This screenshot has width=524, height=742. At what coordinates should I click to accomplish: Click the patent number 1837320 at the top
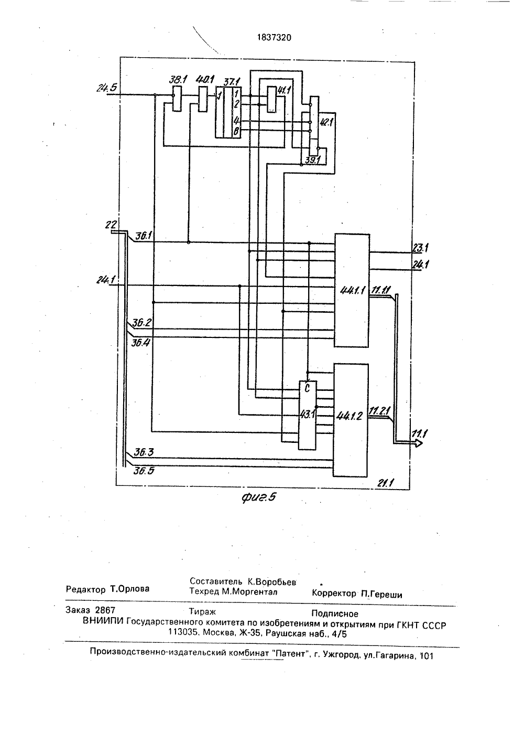click(x=274, y=38)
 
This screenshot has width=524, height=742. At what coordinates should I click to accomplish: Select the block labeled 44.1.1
click(x=352, y=290)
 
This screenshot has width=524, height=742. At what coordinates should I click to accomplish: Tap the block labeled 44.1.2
click(x=351, y=420)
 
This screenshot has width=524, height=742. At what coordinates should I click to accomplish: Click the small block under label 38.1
click(x=177, y=98)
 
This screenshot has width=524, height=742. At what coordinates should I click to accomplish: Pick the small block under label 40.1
click(x=202, y=99)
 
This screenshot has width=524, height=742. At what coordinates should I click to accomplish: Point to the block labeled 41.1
click(x=271, y=99)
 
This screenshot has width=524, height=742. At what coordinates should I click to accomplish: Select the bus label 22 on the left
click(x=111, y=225)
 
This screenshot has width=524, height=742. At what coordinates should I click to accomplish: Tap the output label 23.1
click(x=420, y=248)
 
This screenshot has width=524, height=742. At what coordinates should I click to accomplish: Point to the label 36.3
click(x=144, y=452)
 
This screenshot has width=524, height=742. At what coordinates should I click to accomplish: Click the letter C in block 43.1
click(x=307, y=388)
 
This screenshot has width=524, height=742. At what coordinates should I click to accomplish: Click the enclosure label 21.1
click(x=385, y=483)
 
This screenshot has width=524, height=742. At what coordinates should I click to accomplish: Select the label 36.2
click(x=142, y=322)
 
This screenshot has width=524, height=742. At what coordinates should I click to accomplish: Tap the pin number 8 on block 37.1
click(x=236, y=132)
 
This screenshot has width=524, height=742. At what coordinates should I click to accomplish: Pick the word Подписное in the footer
click(x=335, y=613)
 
